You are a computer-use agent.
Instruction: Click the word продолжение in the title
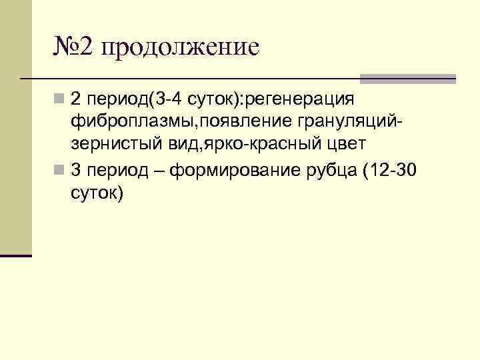tap(180, 47)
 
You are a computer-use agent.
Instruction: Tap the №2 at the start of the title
tap(75, 47)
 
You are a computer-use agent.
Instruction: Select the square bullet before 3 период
tap(60, 170)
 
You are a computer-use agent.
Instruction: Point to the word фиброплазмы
tap(125, 123)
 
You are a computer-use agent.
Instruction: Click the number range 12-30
tap(396, 170)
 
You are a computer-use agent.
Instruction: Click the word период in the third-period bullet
tap(111, 170)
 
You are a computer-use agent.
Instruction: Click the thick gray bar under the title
tap(408, 79)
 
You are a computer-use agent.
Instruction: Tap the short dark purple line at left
tap(16, 255)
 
